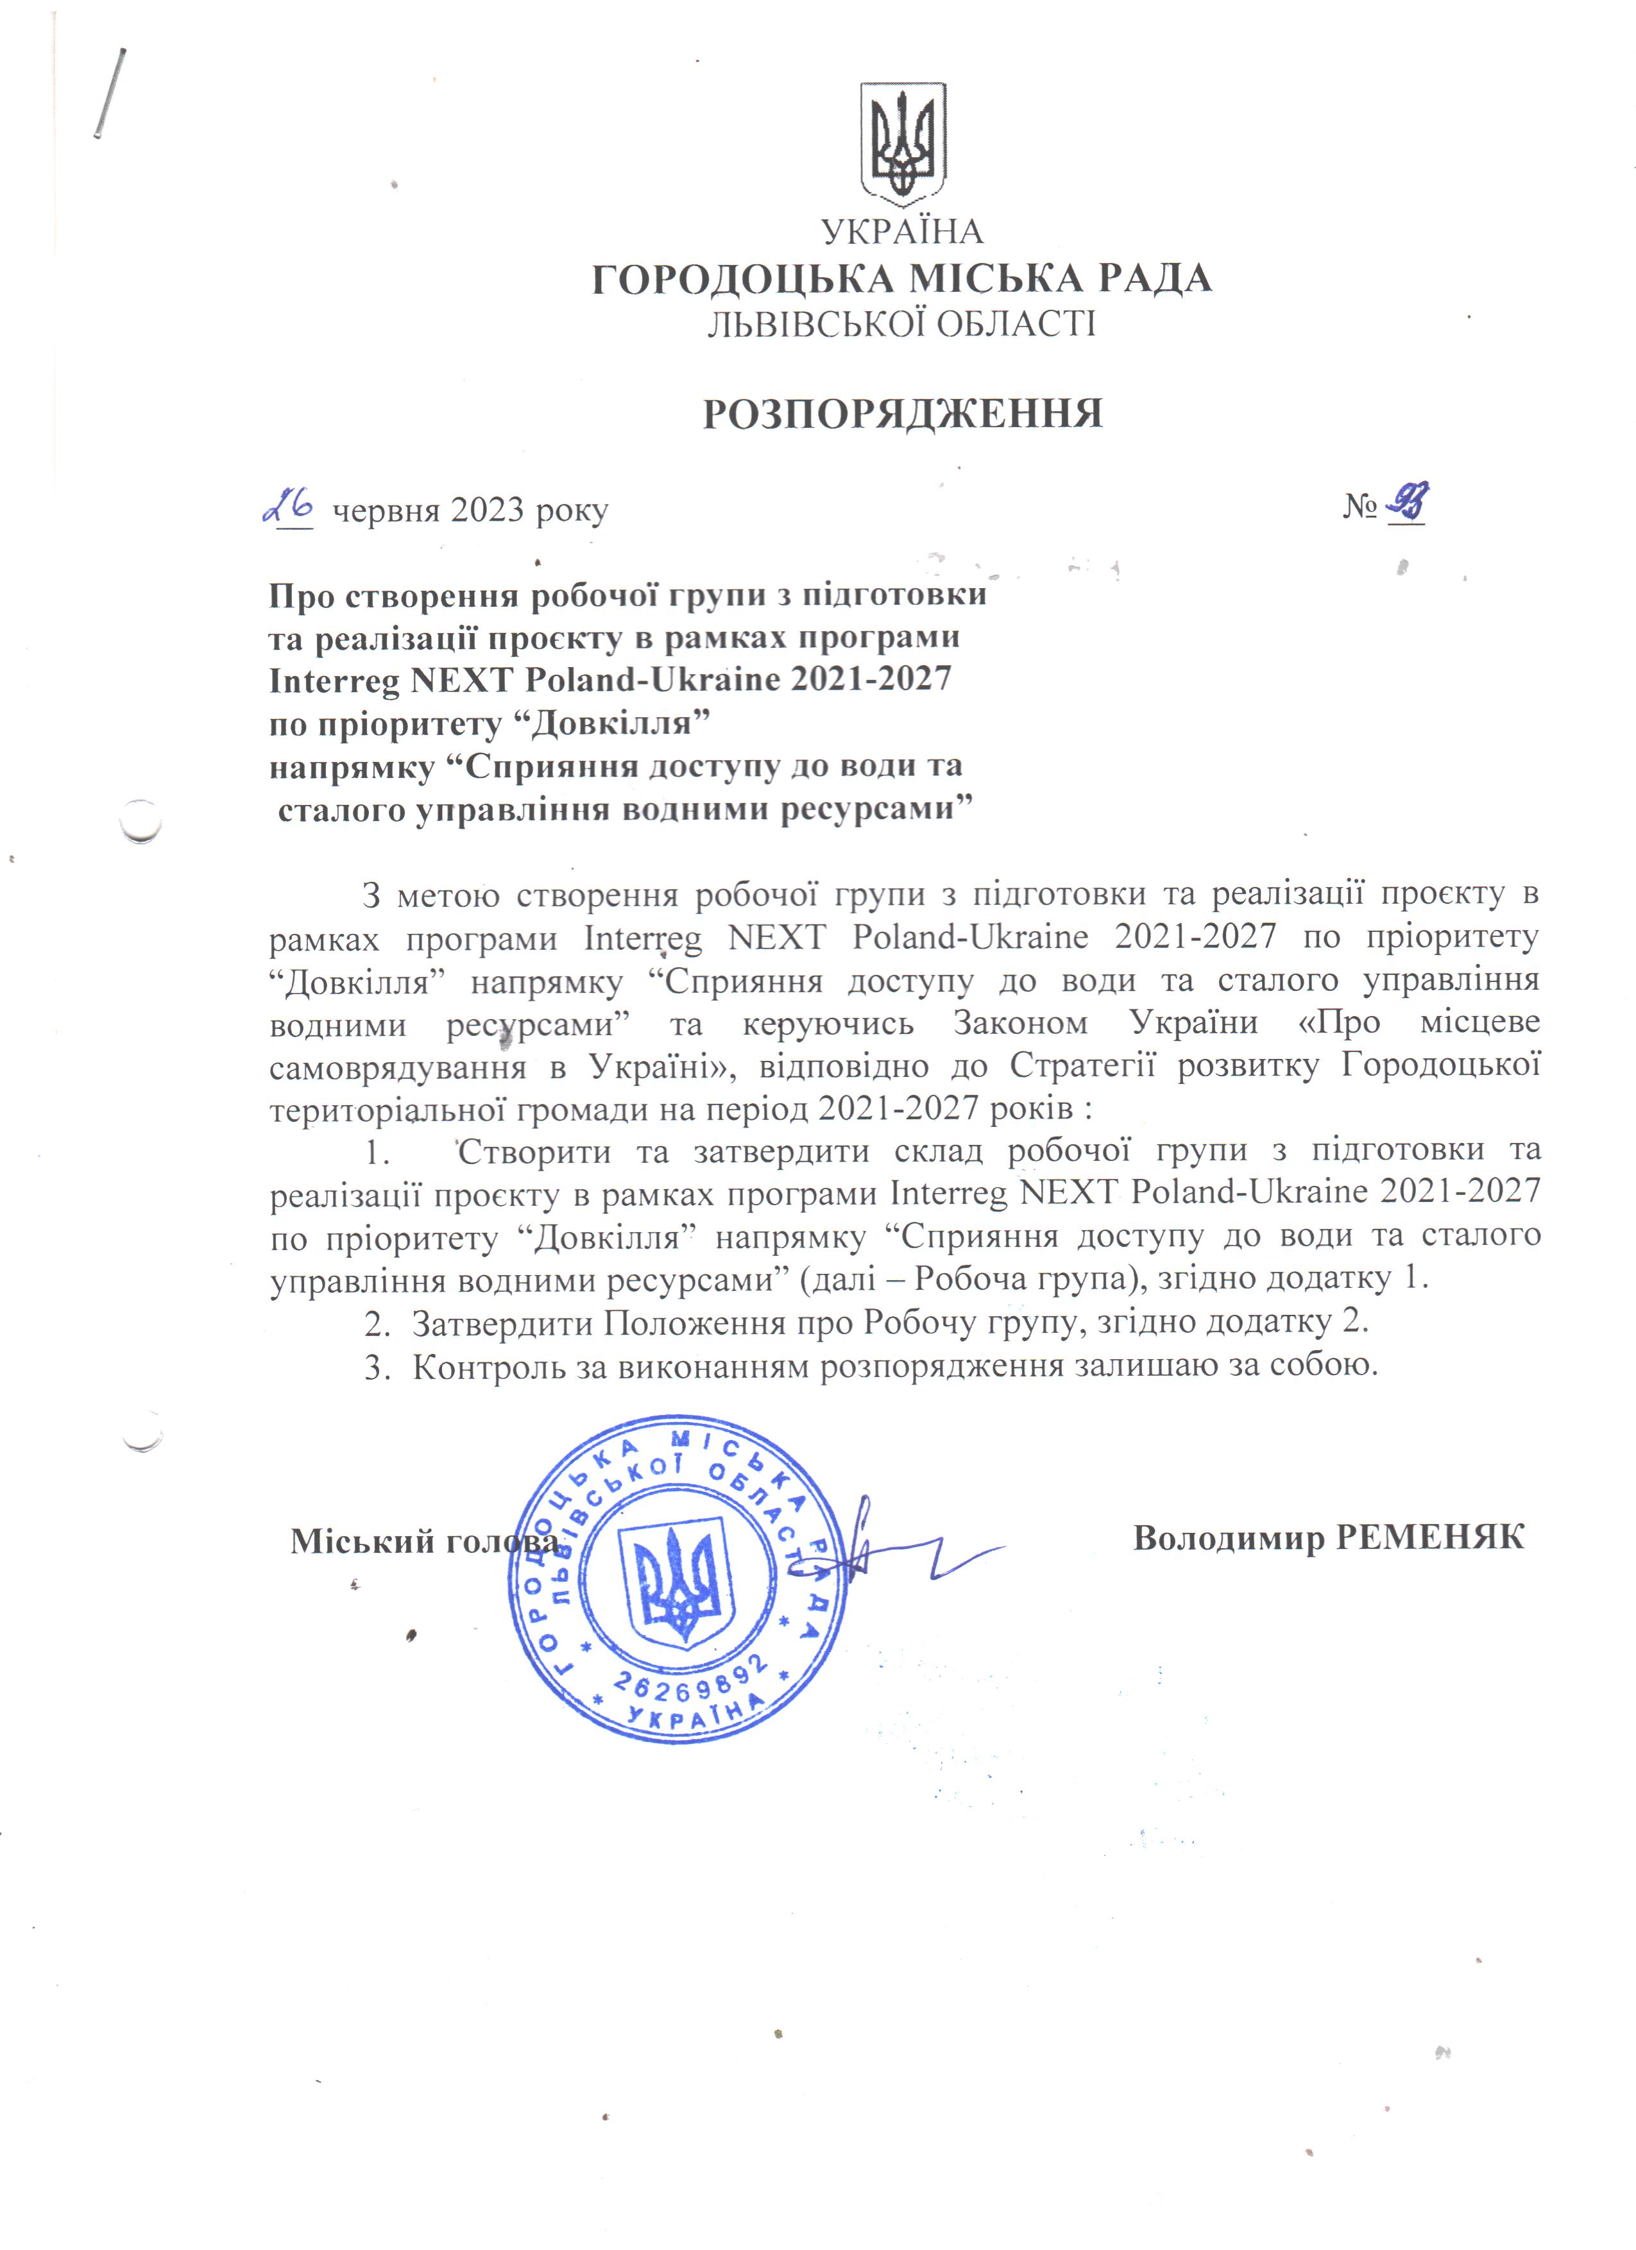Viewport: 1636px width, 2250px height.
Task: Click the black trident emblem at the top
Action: coord(903,142)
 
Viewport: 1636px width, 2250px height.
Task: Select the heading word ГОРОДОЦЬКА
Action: coord(742,279)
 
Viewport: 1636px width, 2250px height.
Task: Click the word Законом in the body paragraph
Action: coord(1020,1023)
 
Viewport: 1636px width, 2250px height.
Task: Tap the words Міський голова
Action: coord(425,1541)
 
